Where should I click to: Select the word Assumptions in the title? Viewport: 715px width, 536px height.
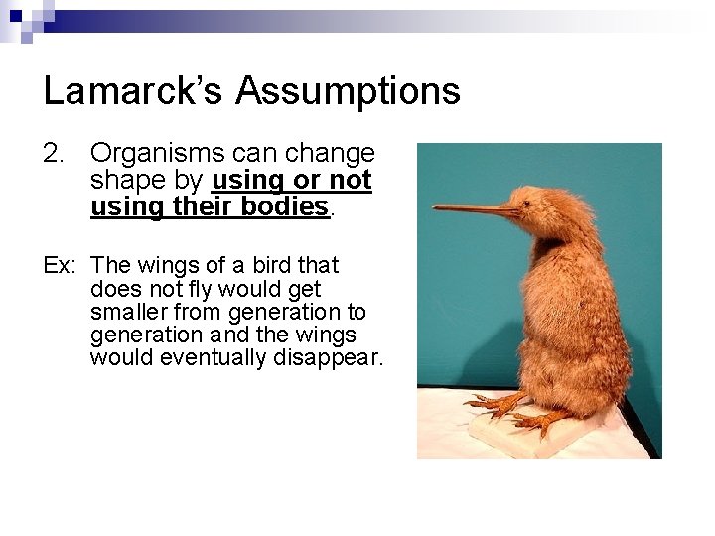tap(348, 91)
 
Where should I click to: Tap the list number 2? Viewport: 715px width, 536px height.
tap(54, 154)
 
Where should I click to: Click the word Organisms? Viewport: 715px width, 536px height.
tap(156, 154)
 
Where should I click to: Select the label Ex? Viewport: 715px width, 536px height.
tap(60, 266)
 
